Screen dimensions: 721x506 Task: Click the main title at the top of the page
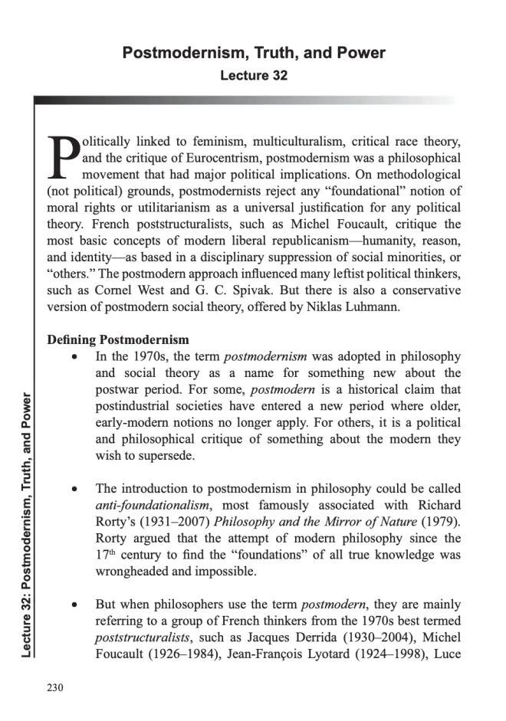click(x=254, y=53)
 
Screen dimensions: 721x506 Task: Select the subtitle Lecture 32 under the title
click(x=254, y=76)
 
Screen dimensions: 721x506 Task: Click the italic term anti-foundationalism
click(x=146, y=505)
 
